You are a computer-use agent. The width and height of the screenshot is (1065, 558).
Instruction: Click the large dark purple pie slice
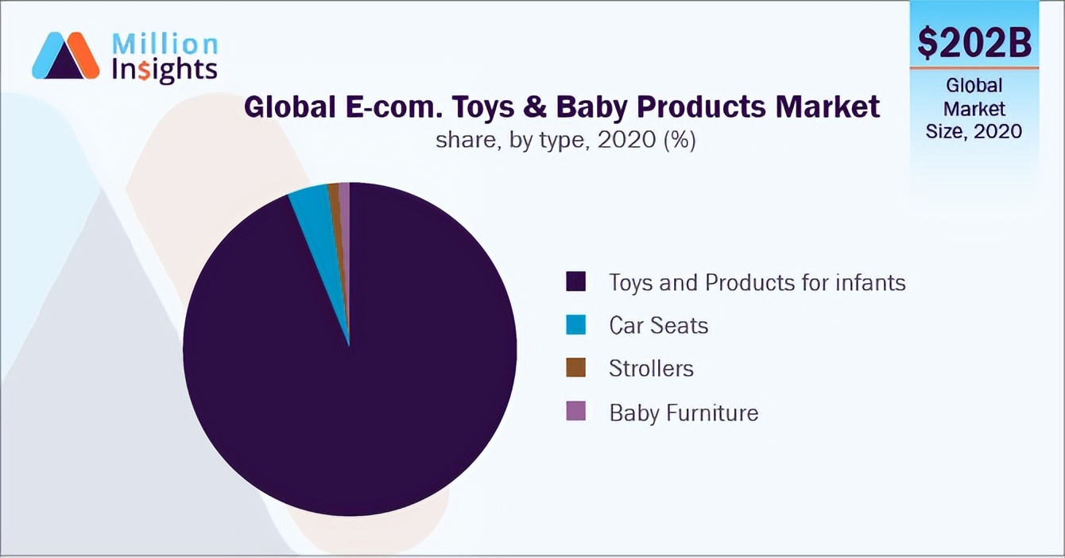coord(350,381)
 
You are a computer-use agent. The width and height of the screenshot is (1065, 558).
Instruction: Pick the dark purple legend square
coord(575,281)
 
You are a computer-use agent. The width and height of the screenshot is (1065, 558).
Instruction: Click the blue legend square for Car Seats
coord(575,325)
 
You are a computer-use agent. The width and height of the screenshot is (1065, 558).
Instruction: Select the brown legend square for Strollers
coord(575,368)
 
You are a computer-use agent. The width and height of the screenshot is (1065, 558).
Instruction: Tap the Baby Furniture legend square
coord(575,411)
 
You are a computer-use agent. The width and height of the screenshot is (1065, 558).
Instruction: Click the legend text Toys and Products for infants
coord(757,282)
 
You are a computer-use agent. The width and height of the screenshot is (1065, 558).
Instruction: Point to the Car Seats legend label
coord(659,325)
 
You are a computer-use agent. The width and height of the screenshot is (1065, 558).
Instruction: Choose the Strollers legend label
coord(652,368)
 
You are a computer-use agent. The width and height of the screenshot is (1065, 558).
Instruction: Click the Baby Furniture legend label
coord(684,412)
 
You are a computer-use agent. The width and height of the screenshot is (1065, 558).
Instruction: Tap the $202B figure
coord(974,42)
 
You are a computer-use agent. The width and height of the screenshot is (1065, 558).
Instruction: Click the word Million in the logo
coord(165,45)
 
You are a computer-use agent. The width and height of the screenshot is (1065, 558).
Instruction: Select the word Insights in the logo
coord(165,71)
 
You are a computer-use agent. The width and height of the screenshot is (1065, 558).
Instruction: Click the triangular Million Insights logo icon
coord(66,55)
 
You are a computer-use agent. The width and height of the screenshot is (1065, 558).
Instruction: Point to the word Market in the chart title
coord(827,107)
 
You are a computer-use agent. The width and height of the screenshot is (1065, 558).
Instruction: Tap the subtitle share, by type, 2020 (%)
coord(566,140)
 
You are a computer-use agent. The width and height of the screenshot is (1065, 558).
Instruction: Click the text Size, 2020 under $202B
coord(974,131)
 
